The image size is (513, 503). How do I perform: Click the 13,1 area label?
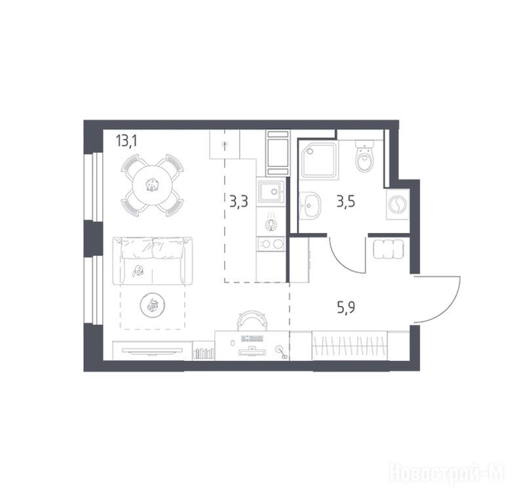pyautogui.click(x=126, y=141)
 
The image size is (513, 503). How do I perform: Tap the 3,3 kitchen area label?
pyautogui.click(x=238, y=202)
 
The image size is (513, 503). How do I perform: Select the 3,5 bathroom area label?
pyautogui.click(x=346, y=202)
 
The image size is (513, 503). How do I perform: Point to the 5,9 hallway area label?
pyautogui.click(x=346, y=308)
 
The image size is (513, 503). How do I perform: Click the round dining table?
pyautogui.click(x=152, y=186)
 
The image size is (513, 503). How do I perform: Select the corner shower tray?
pyautogui.click(x=319, y=160)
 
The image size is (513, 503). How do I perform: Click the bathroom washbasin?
pyautogui.click(x=310, y=205)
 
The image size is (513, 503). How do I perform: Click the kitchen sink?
pyautogui.click(x=271, y=192)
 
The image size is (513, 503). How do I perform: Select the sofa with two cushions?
pyautogui.click(x=153, y=261)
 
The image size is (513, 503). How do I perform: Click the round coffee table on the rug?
pyautogui.click(x=152, y=305)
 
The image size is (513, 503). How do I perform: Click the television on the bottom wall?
pyautogui.click(x=152, y=350)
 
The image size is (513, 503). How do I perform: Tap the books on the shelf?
pyautogui.click(x=204, y=354)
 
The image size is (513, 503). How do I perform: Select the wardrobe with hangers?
pyautogui.click(x=350, y=345)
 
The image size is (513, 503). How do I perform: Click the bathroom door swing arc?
pyautogui.click(x=342, y=261)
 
